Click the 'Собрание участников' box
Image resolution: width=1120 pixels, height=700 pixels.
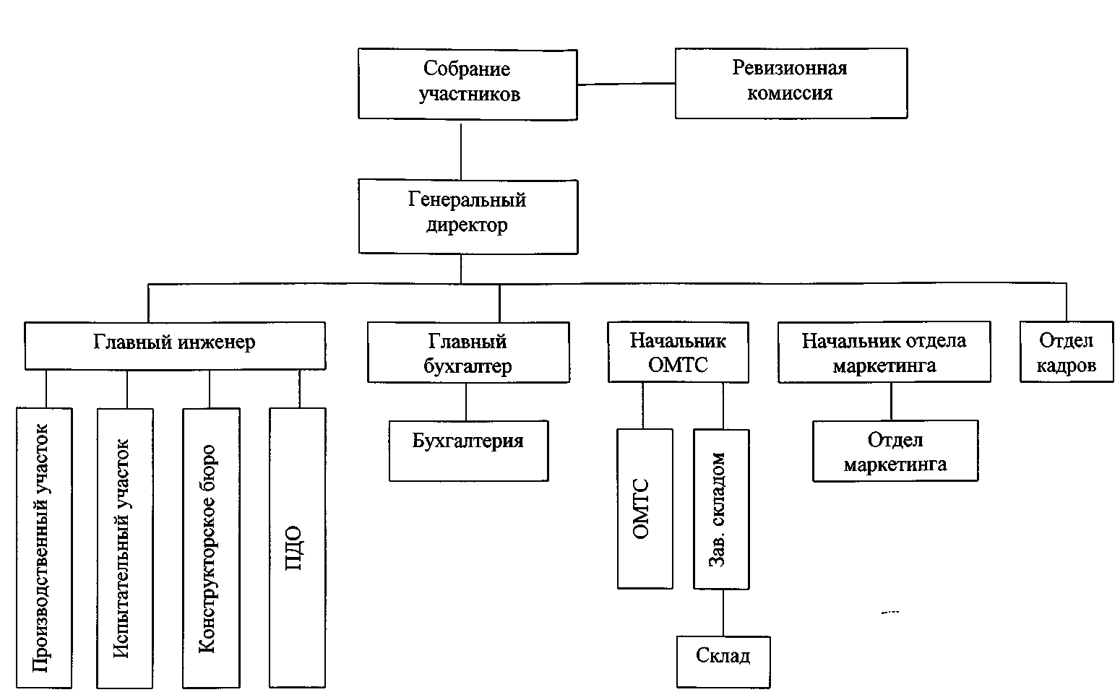pyautogui.click(x=468, y=84)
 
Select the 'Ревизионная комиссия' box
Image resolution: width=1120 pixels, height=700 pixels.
pyautogui.click(x=791, y=83)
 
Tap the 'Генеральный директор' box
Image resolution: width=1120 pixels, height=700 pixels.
pyautogui.click(x=468, y=217)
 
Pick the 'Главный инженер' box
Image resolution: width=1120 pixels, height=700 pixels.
pyautogui.click(x=175, y=345)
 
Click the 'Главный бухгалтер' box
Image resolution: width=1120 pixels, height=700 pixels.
pyautogui.click(x=468, y=353)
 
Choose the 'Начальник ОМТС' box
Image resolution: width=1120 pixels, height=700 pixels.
pyautogui.click(x=678, y=353)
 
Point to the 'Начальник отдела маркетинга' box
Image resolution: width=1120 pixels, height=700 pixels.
pyautogui.click(x=884, y=353)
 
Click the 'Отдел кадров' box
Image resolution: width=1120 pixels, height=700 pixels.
pyautogui.click(x=1066, y=353)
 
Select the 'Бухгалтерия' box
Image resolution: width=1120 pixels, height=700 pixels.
pyautogui.click(x=468, y=451)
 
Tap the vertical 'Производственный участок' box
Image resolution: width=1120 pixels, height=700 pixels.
pyautogui.click(x=44, y=548)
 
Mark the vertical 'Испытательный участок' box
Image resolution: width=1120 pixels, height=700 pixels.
pyautogui.click(x=125, y=548)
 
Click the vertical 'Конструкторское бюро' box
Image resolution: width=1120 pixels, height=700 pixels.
pyautogui.click(x=210, y=548)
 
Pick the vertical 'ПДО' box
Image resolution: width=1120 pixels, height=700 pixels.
pyautogui.click(x=297, y=548)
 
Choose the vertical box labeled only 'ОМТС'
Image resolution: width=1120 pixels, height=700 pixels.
pyautogui.click(x=645, y=509)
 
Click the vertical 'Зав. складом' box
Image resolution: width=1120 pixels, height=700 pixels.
pyautogui.click(x=720, y=509)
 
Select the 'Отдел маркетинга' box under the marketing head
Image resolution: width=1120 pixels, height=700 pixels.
pyautogui.click(x=895, y=451)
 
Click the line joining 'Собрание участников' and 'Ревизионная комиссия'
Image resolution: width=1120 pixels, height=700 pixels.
pyautogui.click(x=626, y=84)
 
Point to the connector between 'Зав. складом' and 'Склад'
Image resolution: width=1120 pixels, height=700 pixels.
pyautogui.click(x=723, y=613)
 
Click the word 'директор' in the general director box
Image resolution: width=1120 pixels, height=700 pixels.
pyautogui.click(x=467, y=225)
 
